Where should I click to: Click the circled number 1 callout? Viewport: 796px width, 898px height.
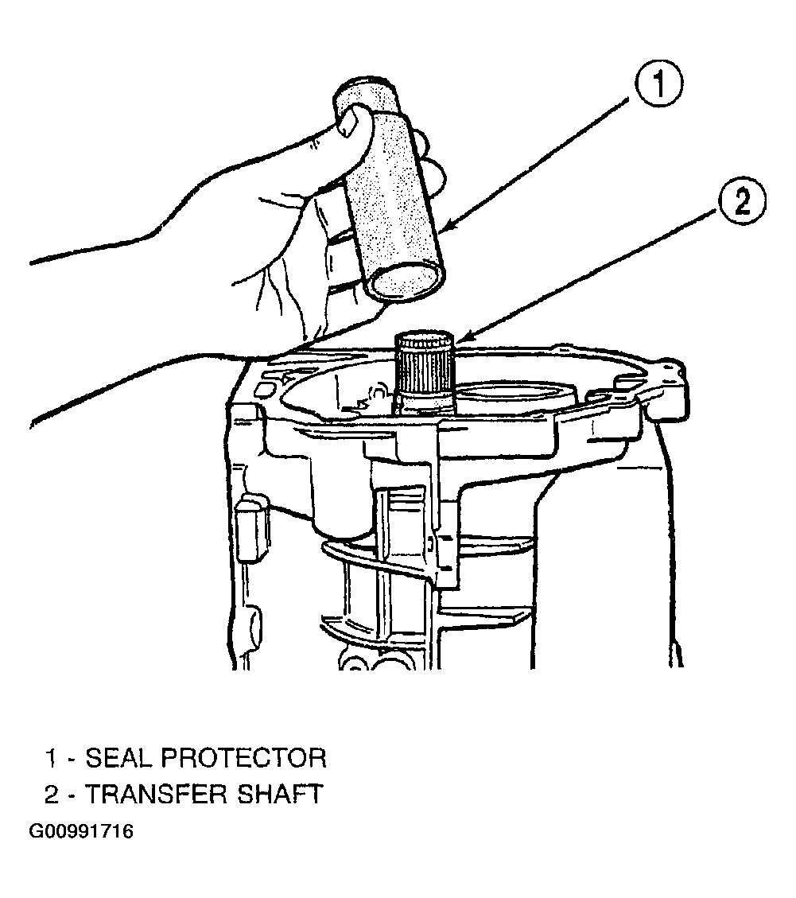pos(658,85)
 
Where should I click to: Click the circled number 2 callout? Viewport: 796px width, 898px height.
pos(742,204)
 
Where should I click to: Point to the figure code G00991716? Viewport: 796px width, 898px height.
pos(81,831)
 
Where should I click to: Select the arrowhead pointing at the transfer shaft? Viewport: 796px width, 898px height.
pos(461,339)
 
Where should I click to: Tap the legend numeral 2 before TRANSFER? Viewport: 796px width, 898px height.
pos(52,795)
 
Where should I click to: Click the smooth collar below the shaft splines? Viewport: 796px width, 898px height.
pos(425,401)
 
